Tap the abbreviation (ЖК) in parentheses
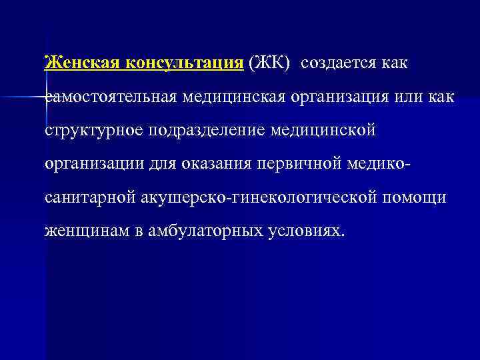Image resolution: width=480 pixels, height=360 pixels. [269, 63]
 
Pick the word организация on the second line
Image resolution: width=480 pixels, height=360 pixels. [337, 97]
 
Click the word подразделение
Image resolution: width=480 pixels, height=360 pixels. [204, 131]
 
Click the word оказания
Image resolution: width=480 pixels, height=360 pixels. [211, 163]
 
